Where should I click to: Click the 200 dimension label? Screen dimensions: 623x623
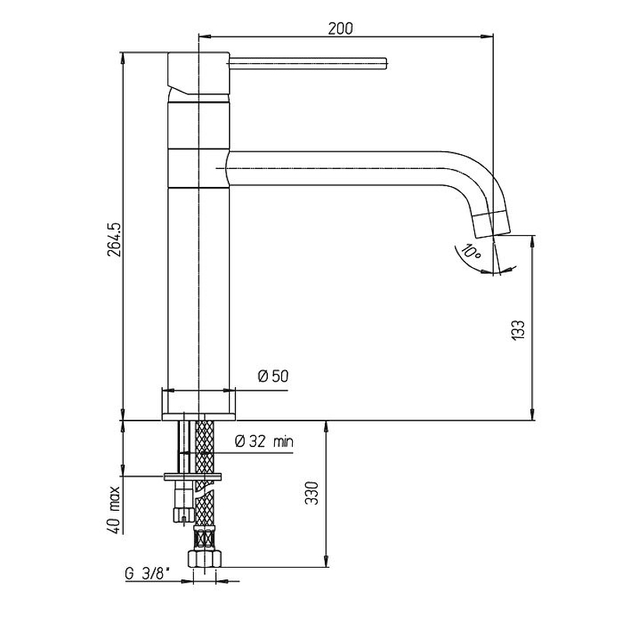(340, 29)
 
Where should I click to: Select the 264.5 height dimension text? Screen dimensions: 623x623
(114, 239)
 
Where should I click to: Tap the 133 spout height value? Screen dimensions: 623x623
(517, 329)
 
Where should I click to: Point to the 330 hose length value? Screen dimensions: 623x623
(312, 493)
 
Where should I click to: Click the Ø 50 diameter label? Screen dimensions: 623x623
(273, 376)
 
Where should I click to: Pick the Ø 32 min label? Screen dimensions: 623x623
(264, 441)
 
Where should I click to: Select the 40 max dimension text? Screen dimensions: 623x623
(114, 509)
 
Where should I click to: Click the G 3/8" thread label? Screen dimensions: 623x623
(147, 574)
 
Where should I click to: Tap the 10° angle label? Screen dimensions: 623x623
(472, 252)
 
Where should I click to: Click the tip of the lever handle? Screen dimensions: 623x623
(386, 64)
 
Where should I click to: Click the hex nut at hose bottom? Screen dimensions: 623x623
(205, 558)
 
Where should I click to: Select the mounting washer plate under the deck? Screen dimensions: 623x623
(192, 477)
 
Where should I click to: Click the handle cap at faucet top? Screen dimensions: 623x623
(199, 73)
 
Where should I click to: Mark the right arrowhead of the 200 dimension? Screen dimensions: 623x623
(488, 37)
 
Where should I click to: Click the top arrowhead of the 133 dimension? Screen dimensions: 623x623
(533, 241)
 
